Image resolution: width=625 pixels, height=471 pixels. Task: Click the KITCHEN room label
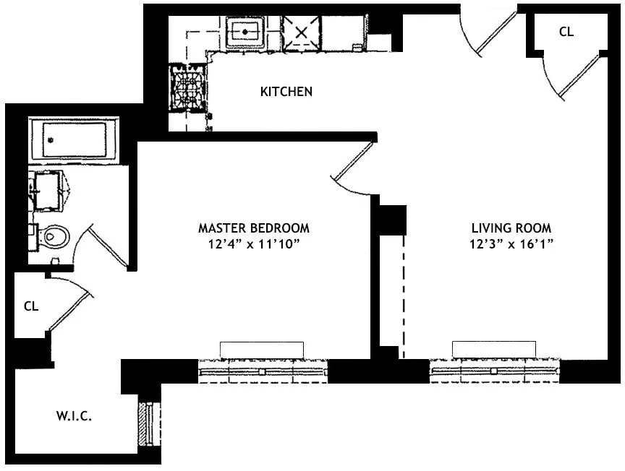pos(286,92)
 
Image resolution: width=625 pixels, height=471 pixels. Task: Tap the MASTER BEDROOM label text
pos(254,228)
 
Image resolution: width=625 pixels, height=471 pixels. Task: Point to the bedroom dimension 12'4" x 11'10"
pos(254,244)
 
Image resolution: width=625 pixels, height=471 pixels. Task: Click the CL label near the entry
pos(566,32)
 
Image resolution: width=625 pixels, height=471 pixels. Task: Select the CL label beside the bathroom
pos(30,306)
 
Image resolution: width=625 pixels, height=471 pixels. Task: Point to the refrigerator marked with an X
pos(301,33)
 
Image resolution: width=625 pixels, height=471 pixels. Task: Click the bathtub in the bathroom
pos(73,140)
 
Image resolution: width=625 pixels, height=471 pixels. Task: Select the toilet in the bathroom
pos(52,236)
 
